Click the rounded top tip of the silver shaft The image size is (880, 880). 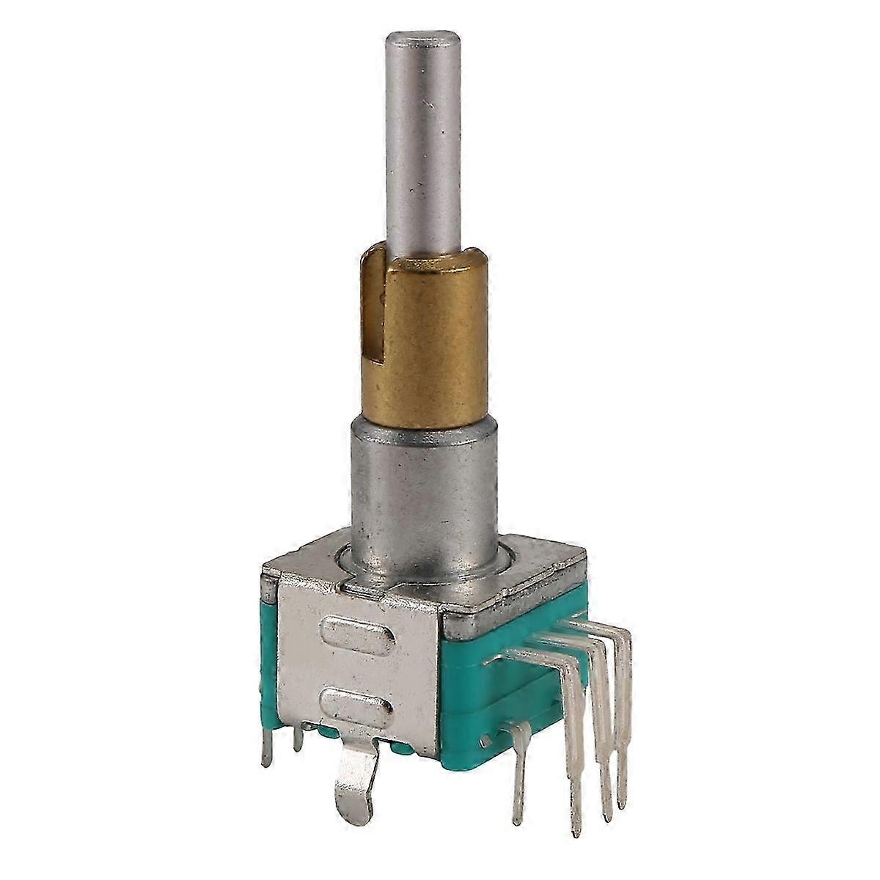click(420, 34)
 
